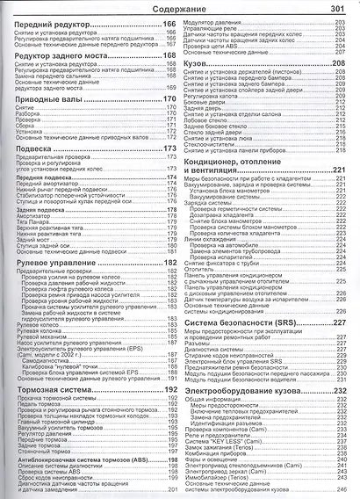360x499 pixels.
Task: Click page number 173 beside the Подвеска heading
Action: coord(170,148)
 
